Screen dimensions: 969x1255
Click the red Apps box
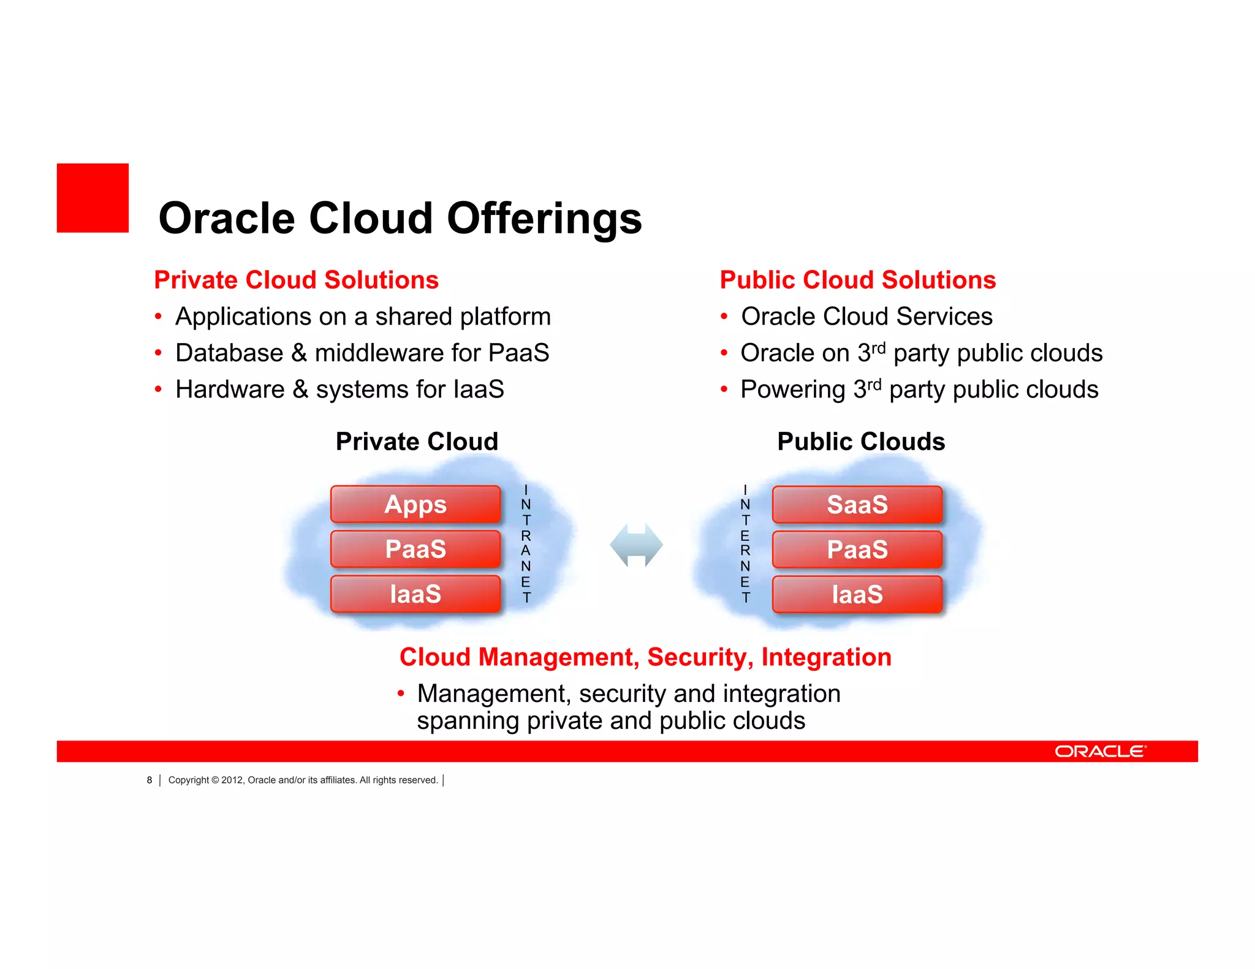(x=415, y=504)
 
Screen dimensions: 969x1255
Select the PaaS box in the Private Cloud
(x=415, y=549)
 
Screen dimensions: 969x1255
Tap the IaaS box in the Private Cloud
(x=415, y=594)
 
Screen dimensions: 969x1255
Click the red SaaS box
(x=857, y=505)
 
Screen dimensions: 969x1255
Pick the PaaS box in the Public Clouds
(x=857, y=549)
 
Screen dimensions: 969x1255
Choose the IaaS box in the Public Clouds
(x=857, y=594)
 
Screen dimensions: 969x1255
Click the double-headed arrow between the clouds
(x=636, y=545)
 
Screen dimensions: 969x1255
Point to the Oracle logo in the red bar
(x=1100, y=752)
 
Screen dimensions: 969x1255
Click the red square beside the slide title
(x=93, y=198)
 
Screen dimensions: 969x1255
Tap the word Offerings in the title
(x=544, y=219)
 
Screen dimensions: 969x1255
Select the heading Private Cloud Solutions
(x=296, y=280)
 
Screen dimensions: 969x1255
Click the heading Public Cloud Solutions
(x=857, y=280)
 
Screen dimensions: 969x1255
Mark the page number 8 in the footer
(x=149, y=780)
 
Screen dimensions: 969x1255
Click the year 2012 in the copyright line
(x=232, y=780)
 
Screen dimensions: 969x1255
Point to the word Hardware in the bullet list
(x=230, y=390)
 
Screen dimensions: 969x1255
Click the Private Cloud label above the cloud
(x=417, y=442)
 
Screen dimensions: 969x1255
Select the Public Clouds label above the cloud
(x=861, y=442)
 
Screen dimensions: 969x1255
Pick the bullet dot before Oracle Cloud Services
(x=724, y=317)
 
